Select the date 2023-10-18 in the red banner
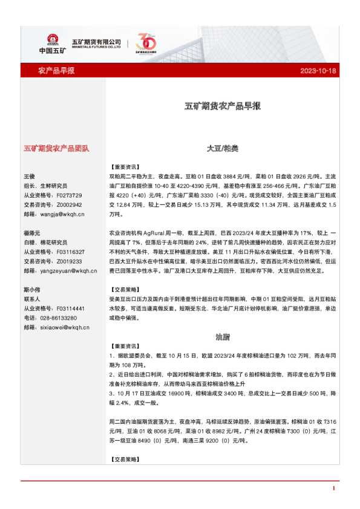click(x=318, y=71)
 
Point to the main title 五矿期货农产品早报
click(x=223, y=106)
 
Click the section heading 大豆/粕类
click(x=223, y=148)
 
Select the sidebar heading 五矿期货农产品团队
click(x=56, y=148)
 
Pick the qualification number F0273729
click(x=68, y=196)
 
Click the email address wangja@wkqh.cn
click(x=63, y=214)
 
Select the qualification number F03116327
click(x=70, y=252)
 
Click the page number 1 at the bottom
click(x=333, y=487)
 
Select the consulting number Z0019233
click(x=68, y=261)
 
